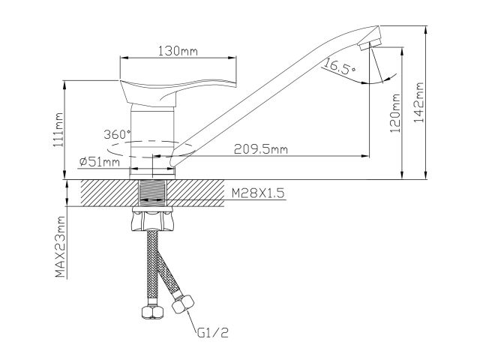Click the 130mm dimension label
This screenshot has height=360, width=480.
tap(178, 52)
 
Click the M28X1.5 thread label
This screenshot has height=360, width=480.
tap(257, 193)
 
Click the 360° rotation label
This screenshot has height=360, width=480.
tap(118, 134)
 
